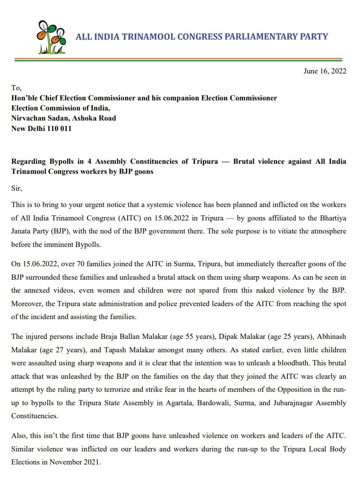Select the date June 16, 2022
325,71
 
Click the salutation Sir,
16,188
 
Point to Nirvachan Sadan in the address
40,118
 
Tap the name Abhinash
331,336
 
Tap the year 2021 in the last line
92,462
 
